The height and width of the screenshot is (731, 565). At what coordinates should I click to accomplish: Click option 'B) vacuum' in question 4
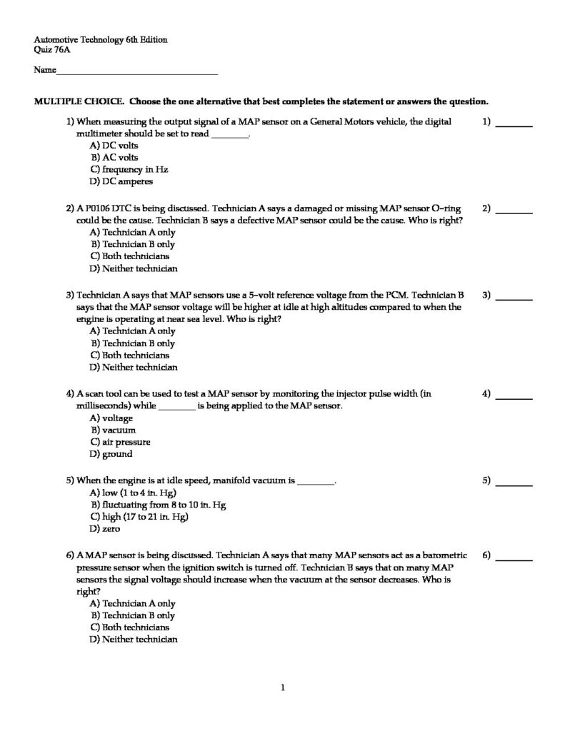point(113,430)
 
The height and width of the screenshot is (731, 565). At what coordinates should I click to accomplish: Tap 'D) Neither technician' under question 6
point(133,640)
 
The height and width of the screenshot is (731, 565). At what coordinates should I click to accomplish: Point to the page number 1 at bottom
point(284,688)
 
